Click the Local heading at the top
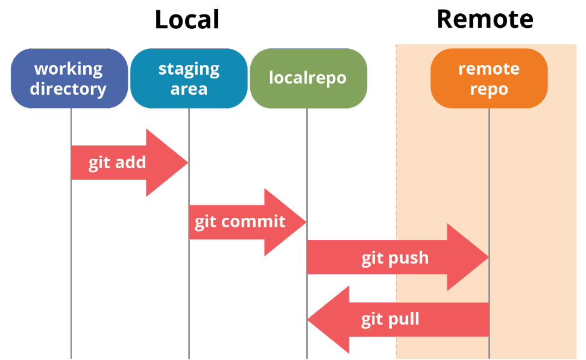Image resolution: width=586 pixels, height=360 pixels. pyautogui.click(x=187, y=19)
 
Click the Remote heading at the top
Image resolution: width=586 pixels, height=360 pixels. pyautogui.click(x=485, y=19)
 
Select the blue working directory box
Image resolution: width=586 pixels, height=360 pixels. pyautogui.click(x=69, y=78)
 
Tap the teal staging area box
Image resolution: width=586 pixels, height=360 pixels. pyautogui.click(x=189, y=78)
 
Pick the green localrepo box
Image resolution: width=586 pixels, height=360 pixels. pyautogui.click(x=307, y=78)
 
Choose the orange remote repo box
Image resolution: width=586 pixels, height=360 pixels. pyautogui.click(x=489, y=78)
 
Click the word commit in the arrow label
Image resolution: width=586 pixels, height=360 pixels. pyautogui.click(x=253, y=222)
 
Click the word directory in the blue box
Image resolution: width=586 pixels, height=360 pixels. pyautogui.click(x=68, y=89)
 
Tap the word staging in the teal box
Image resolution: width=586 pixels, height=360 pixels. pyautogui.click(x=189, y=69)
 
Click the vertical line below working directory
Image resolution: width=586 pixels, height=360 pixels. pyautogui.click(x=71, y=271)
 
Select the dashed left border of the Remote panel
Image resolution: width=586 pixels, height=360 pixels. pyautogui.click(x=396, y=181)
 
